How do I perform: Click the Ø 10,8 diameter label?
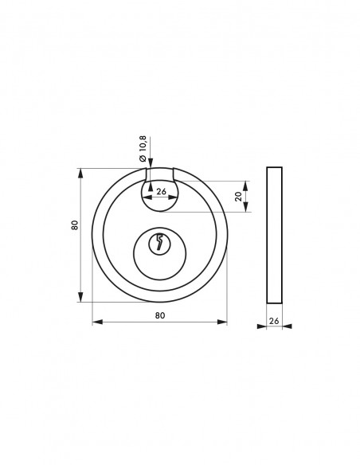(143, 149)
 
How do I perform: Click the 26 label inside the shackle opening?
(161, 191)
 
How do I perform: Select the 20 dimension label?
(238, 197)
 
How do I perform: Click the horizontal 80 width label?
(160, 315)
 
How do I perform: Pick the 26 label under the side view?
(274, 321)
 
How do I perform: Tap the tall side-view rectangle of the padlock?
(274, 235)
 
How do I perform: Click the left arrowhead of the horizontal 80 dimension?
(97, 322)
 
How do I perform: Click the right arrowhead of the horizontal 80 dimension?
(222, 322)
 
